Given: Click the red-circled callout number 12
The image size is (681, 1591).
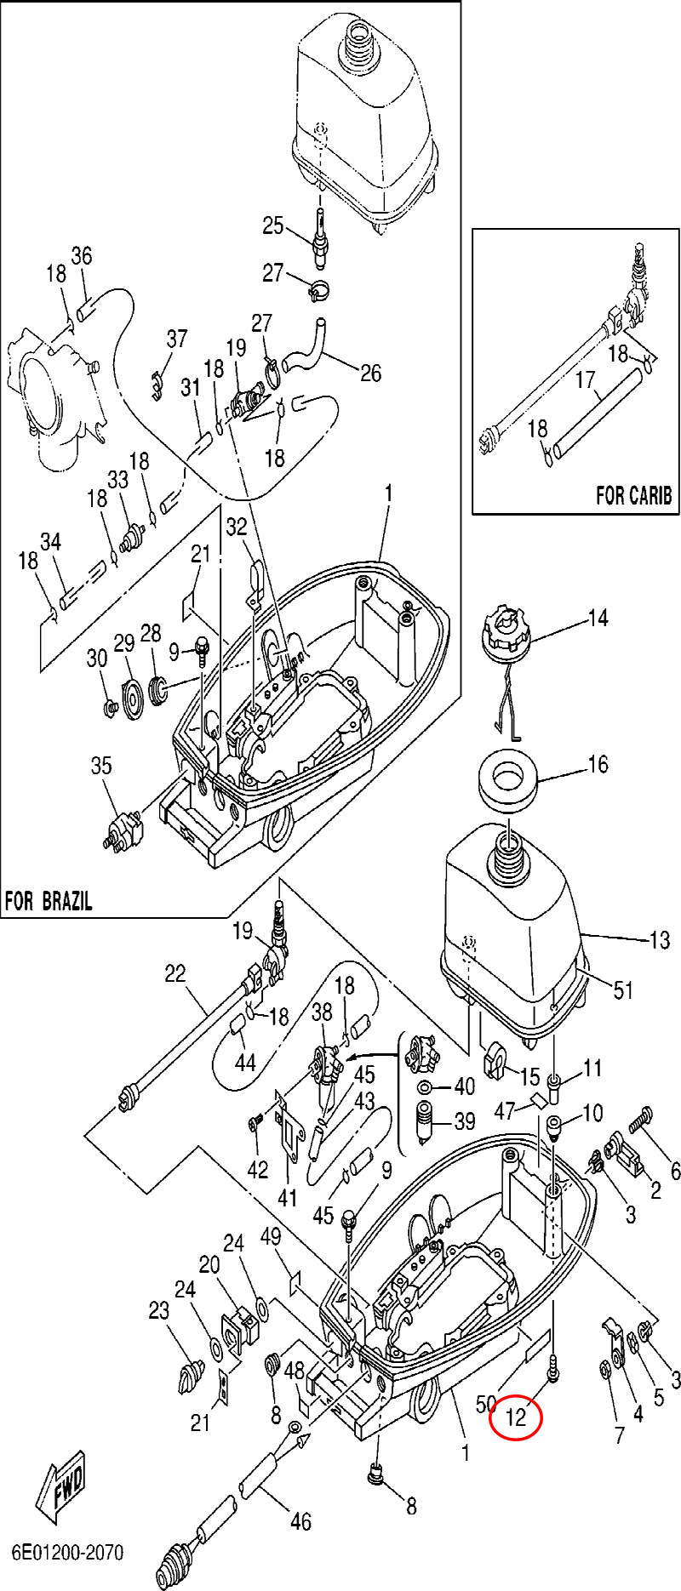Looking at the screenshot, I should (x=516, y=1418).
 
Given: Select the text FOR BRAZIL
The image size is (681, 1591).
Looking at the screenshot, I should (x=49, y=901).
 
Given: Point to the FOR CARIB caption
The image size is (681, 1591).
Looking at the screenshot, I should (x=633, y=495).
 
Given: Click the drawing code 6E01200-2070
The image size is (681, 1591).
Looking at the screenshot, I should (x=67, y=1553).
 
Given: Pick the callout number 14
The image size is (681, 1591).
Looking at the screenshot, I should (x=598, y=618).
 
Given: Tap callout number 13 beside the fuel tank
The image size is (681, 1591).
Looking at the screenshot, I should (x=660, y=940).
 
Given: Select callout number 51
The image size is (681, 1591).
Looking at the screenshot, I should (x=624, y=989).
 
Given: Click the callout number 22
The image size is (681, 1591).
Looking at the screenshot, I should (x=175, y=973).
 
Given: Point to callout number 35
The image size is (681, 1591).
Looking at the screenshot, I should (x=101, y=766).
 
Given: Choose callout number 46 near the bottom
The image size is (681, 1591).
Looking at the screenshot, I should (x=300, y=1521).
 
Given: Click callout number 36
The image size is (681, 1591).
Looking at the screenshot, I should (x=81, y=255).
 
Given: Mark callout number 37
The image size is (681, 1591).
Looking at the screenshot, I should (x=176, y=339).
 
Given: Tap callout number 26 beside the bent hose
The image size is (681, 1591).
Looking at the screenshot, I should (x=371, y=373).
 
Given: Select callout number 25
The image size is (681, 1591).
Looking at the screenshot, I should (x=272, y=225).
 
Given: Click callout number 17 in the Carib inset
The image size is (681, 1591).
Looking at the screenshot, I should (x=585, y=379).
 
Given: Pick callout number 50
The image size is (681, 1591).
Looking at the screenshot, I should (x=486, y=1403).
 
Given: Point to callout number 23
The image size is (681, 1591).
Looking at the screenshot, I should (x=159, y=1311).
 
